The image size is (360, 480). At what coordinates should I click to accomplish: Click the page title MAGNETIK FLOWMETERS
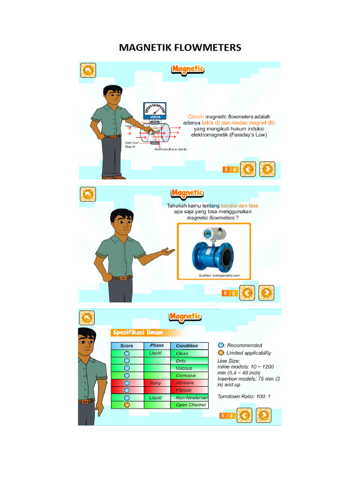[180, 47]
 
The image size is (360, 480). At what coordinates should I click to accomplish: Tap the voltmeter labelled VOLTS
[154, 111]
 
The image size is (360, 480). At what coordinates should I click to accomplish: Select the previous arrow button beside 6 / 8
[244, 415]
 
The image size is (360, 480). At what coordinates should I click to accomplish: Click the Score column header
[127, 346]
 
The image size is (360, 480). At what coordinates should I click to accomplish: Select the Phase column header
[157, 345]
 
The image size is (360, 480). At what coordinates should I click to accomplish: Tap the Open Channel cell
[190, 405]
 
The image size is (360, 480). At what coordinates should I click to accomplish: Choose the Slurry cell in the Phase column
[155, 383]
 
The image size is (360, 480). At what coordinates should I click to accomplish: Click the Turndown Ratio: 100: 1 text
[244, 397]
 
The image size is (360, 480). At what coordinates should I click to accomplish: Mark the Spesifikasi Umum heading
[138, 333]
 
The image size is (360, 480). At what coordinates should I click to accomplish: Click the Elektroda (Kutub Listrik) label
[171, 150]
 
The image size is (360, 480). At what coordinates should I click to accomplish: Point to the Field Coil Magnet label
[131, 144]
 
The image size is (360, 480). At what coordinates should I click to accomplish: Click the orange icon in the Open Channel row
[127, 405]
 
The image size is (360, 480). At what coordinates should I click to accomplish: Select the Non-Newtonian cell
[192, 397]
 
